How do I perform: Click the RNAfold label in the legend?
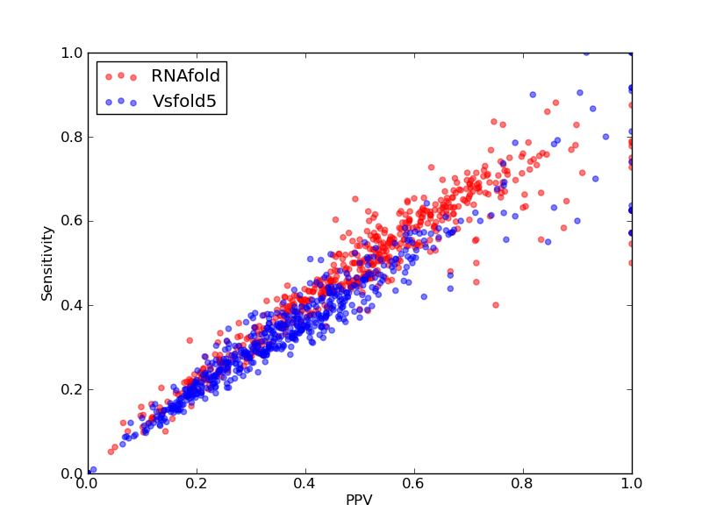click(x=185, y=76)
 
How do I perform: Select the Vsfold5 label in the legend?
click(x=184, y=101)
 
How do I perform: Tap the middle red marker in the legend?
click(x=121, y=75)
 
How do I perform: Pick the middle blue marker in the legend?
click(x=121, y=101)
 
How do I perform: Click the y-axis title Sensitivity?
click(x=47, y=264)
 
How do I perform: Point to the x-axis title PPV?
click(x=359, y=500)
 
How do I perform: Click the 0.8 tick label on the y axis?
click(x=72, y=137)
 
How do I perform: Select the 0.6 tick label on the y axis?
click(x=72, y=221)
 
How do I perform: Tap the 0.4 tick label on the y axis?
click(x=72, y=305)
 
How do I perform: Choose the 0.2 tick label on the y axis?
click(x=72, y=389)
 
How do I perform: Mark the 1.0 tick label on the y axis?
click(x=72, y=53)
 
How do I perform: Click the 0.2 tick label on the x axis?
click(x=197, y=484)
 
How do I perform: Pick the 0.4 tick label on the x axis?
click(x=305, y=484)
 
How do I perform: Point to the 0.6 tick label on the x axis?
click(x=414, y=484)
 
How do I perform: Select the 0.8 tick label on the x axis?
click(x=523, y=484)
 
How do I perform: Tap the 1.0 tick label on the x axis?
click(x=632, y=484)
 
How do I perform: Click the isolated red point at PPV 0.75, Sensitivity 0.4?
click(x=496, y=305)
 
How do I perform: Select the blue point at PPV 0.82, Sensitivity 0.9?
click(x=533, y=95)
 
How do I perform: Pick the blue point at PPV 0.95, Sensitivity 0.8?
click(x=605, y=137)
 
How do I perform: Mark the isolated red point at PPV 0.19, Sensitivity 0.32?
click(x=190, y=340)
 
